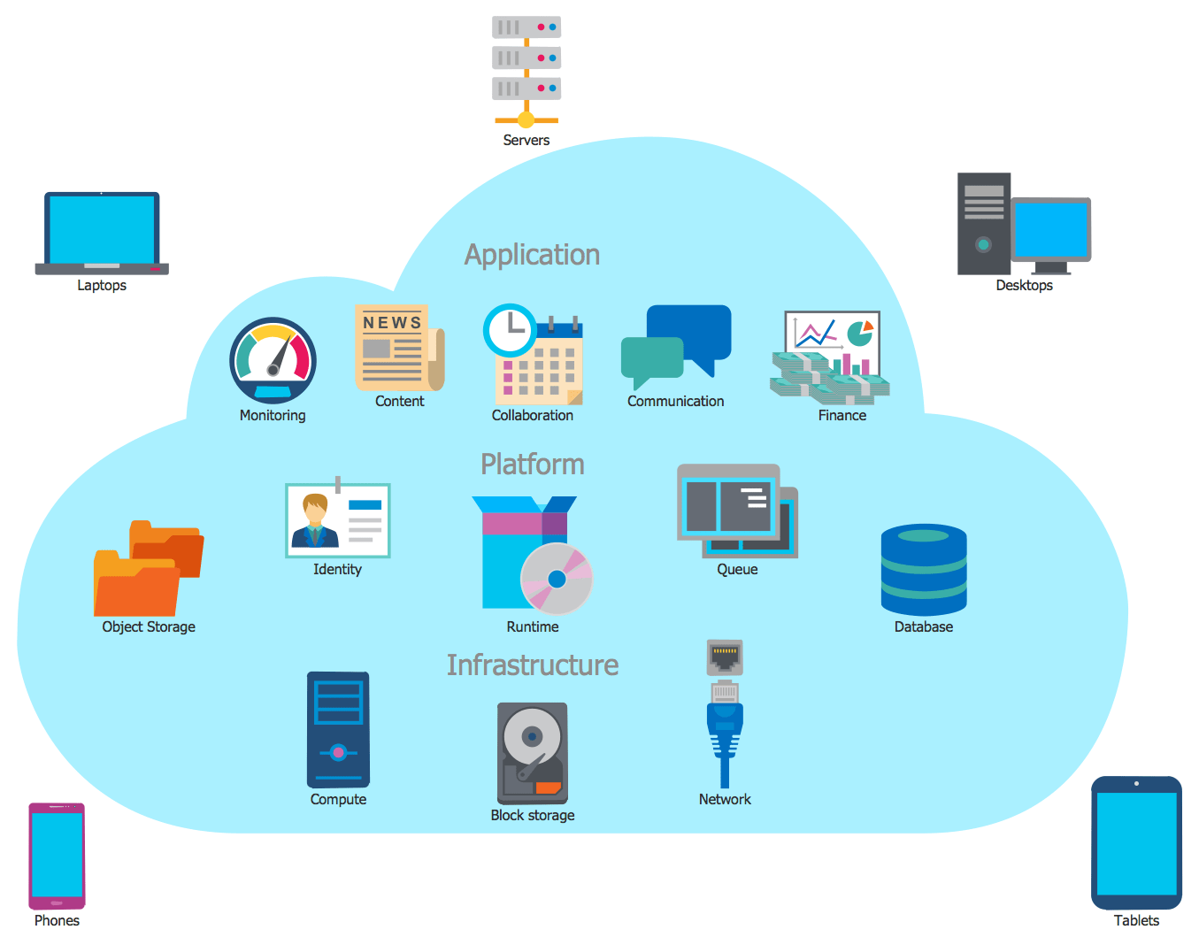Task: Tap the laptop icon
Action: tap(102, 232)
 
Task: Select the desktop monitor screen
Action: tap(1050, 228)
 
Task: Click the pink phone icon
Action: tap(57, 856)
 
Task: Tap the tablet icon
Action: tap(1136, 842)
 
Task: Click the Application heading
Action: tap(532, 255)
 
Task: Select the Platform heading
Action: tap(532, 465)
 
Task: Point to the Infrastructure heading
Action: tap(532, 665)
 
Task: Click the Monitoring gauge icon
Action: tap(273, 360)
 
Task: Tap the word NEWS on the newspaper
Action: tap(392, 323)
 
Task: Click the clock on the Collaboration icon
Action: tap(510, 331)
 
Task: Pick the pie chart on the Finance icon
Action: tap(859, 334)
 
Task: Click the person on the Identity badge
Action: tap(315, 521)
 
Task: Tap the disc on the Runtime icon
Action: tap(557, 579)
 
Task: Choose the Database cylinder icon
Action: tap(924, 570)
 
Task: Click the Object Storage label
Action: tap(149, 626)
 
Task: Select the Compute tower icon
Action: tap(338, 730)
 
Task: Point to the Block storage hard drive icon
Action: tap(532, 752)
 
